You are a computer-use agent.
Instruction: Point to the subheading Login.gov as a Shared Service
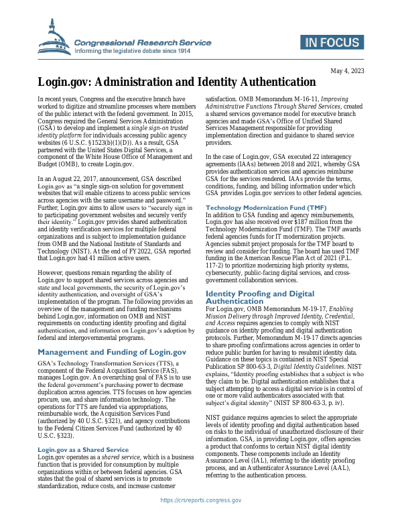click(x=83, y=430)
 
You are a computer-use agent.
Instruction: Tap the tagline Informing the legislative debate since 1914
click(x=132, y=51)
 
